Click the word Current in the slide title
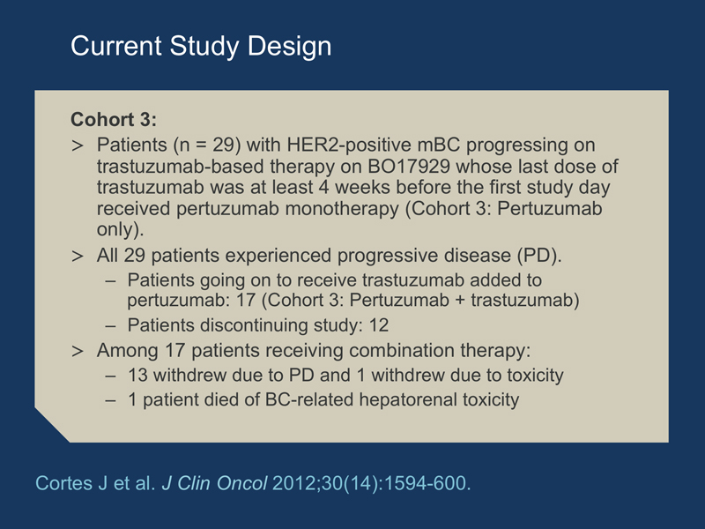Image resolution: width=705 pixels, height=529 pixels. point(116,46)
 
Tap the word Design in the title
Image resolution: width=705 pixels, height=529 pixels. point(289,47)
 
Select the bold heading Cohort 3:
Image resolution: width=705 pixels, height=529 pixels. point(114,119)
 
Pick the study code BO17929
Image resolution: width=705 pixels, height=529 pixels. point(409,166)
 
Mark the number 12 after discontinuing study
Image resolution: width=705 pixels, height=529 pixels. point(379,325)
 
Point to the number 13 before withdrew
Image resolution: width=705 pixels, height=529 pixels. point(137,376)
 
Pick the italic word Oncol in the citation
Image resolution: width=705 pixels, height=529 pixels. point(241,483)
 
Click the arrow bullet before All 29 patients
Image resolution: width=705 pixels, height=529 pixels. point(78,256)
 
